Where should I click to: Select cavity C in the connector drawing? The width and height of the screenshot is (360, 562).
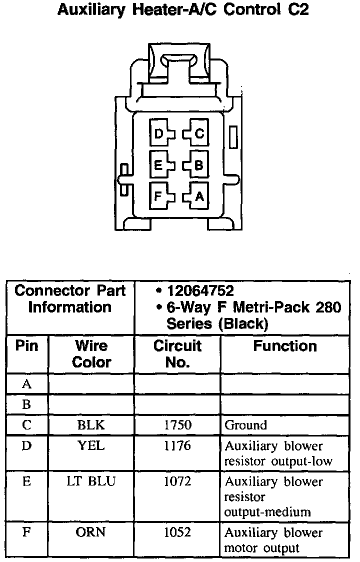[198, 134]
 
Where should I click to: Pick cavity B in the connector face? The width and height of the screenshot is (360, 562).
[198, 165]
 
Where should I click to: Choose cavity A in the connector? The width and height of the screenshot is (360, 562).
[198, 196]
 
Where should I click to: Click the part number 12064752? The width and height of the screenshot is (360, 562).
[200, 291]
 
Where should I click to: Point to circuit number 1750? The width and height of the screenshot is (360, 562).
[177, 425]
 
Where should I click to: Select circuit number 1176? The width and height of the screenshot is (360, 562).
[177, 445]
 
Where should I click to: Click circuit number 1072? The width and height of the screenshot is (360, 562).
[177, 481]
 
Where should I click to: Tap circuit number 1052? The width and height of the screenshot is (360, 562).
[177, 532]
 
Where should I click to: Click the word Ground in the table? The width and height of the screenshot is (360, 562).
[245, 425]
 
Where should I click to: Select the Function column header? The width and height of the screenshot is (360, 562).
[285, 346]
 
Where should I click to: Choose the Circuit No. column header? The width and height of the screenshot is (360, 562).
[177, 353]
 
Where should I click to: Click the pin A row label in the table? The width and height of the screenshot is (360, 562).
[27, 384]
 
